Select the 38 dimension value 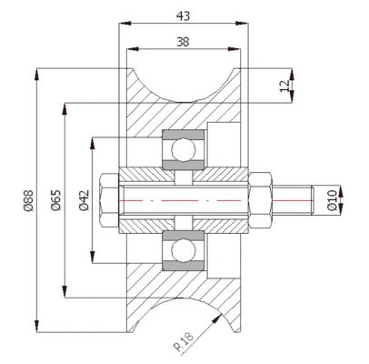click(x=183, y=41)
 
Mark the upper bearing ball click(x=182, y=148)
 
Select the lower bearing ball click(x=182, y=250)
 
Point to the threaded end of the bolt click(x=294, y=199)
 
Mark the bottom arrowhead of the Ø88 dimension click(x=36, y=328)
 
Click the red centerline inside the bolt click(x=182, y=199)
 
